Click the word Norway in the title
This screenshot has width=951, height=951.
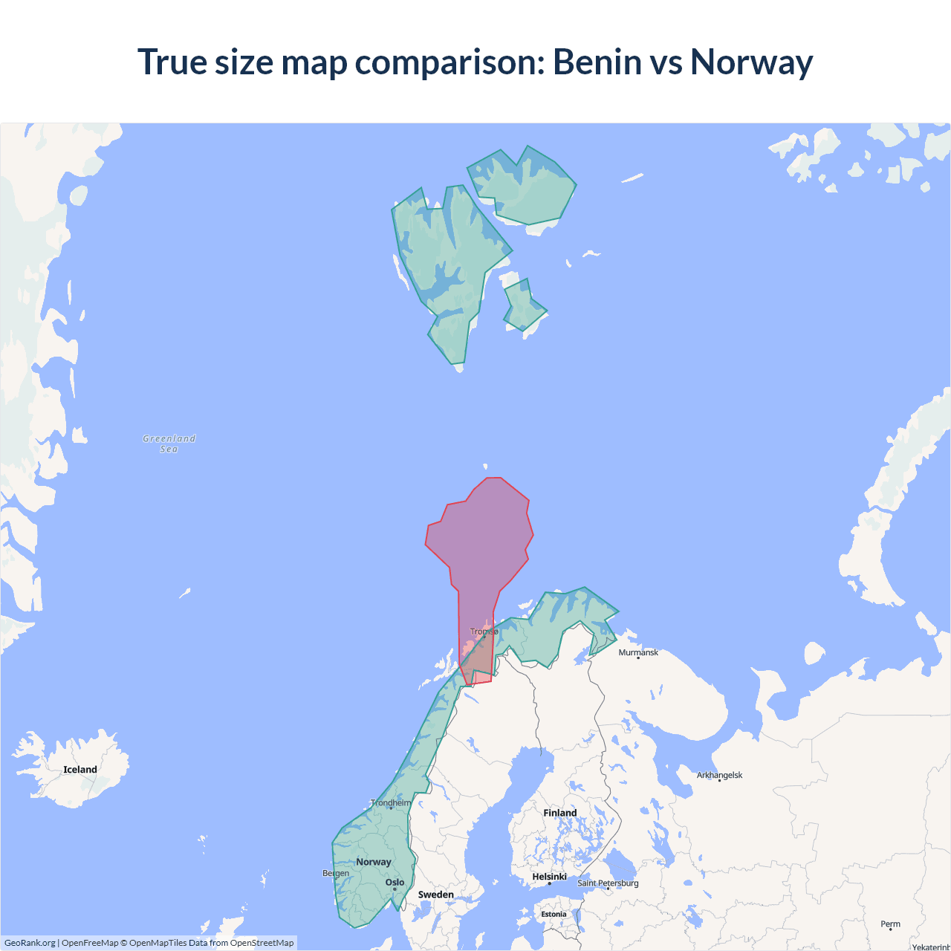click(751, 62)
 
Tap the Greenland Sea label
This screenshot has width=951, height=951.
click(169, 444)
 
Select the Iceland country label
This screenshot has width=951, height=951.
click(80, 770)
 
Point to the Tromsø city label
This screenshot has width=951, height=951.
click(484, 632)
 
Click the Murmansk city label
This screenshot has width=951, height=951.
click(638, 652)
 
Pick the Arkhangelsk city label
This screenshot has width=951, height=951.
click(719, 775)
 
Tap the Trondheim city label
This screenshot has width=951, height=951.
click(391, 802)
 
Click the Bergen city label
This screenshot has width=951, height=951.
click(336, 873)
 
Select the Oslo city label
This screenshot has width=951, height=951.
click(395, 883)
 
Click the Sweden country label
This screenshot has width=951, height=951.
click(435, 895)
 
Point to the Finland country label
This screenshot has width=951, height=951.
click(559, 813)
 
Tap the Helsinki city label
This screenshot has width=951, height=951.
click(549, 877)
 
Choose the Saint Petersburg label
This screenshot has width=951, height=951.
click(608, 883)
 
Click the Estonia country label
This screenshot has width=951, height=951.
click(554, 914)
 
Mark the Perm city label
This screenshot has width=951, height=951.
click(890, 924)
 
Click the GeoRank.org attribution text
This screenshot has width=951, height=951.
click(30, 943)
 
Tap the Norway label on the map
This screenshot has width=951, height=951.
click(373, 862)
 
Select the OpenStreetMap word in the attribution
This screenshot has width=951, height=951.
click(262, 943)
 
